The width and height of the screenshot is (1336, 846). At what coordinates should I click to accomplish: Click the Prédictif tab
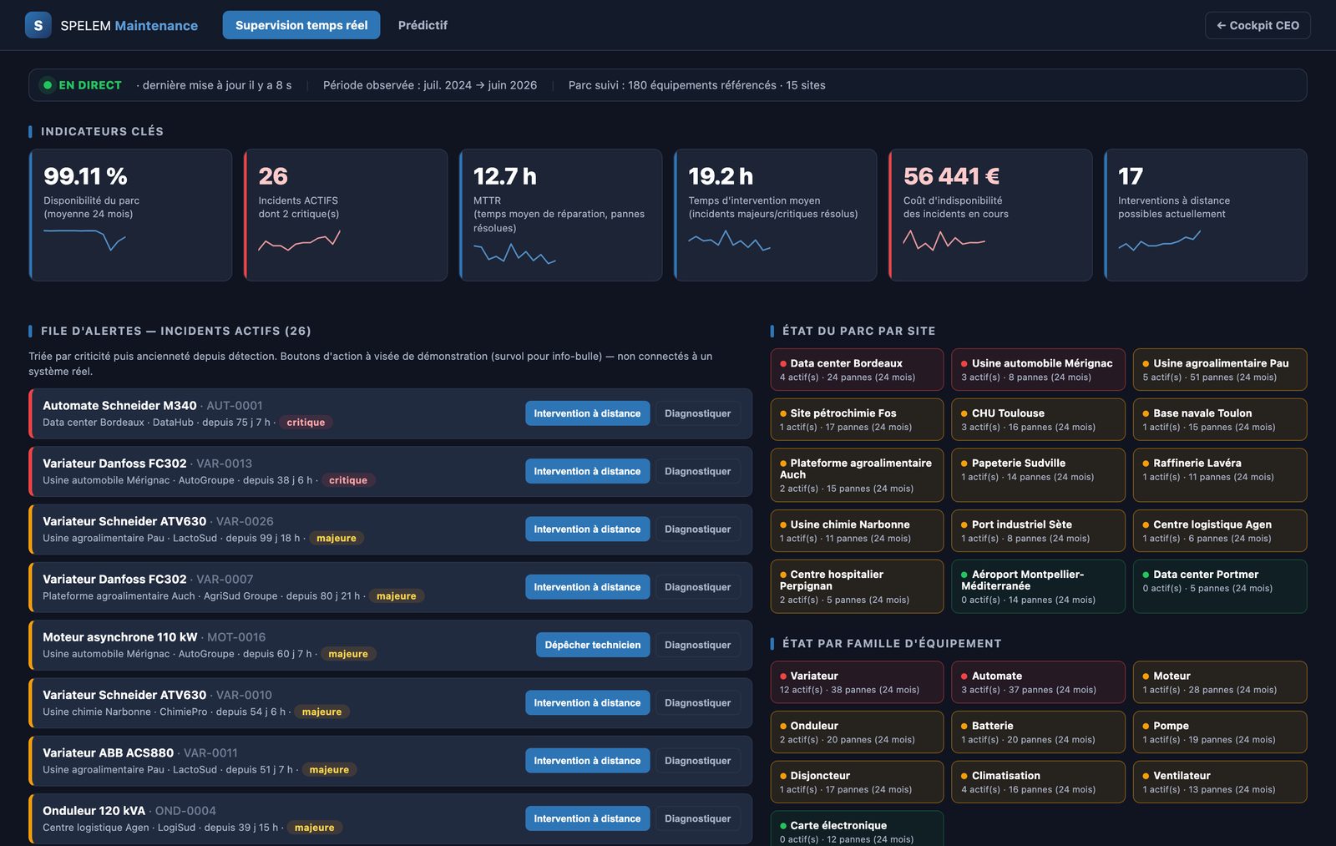pos(423,25)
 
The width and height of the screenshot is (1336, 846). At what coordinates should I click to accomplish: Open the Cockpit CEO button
pos(1258,25)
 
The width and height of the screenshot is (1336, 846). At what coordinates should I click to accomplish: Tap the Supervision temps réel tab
pos(301,25)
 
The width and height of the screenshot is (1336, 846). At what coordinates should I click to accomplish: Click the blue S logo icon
pos(38,25)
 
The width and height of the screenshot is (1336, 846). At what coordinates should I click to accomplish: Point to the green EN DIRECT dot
pos(48,84)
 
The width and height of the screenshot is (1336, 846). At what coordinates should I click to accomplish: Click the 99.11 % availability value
pos(85,176)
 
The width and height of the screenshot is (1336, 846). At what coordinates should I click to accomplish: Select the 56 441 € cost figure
pos(951,176)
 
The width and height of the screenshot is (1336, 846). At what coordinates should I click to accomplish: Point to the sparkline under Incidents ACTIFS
pos(300,241)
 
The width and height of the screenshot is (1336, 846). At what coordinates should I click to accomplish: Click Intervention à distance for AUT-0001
pos(588,413)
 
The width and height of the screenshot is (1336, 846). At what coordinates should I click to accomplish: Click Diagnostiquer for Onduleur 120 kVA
pos(698,818)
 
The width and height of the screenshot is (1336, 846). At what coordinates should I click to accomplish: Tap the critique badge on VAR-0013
pos(348,479)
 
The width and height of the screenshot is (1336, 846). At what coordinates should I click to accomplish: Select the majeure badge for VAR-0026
pos(337,538)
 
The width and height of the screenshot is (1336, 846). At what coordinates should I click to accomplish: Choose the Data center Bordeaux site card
pos(857,369)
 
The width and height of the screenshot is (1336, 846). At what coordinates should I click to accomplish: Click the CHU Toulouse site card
pos(1038,419)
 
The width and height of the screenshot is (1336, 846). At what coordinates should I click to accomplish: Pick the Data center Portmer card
pos(1220,586)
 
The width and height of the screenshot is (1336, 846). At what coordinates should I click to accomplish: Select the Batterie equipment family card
pos(1038,732)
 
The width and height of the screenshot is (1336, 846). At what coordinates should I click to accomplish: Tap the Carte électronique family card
pos(857,829)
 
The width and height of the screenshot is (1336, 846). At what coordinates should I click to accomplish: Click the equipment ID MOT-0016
pos(236,636)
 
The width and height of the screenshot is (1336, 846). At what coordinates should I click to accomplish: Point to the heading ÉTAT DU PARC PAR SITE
pos(859,331)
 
